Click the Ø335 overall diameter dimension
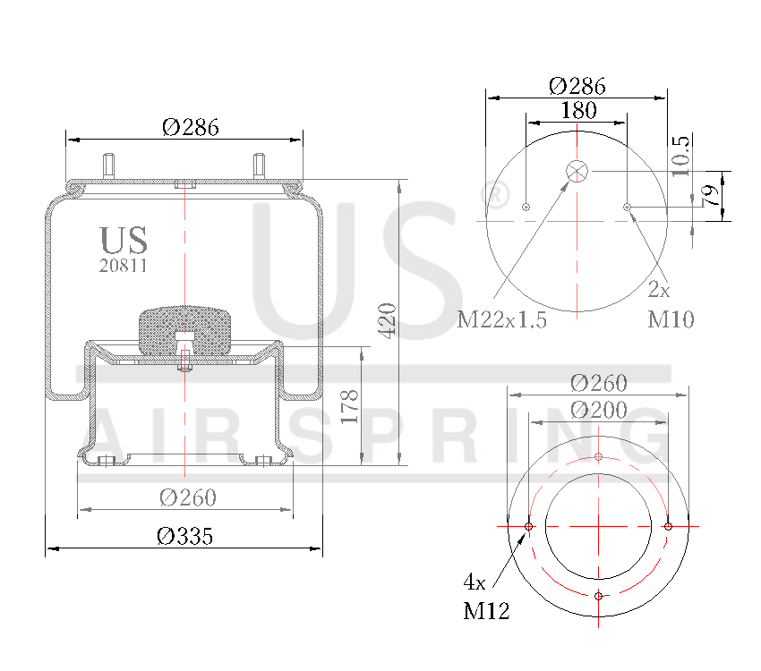[x=184, y=536]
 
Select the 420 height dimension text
[x=387, y=320]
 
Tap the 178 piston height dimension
[x=350, y=406]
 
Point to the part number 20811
[x=123, y=266]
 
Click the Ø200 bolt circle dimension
[x=598, y=410]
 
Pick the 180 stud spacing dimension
[x=578, y=111]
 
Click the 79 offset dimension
[x=712, y=197]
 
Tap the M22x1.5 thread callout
[x=501, y=319]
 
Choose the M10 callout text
[x=671, y=319]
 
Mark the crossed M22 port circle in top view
[x=577, y=171]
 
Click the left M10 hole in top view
[x=526, y=208]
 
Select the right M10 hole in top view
[x=628, y=208]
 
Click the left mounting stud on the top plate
[x=109, y=166]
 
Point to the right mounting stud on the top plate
[x=260, y=166]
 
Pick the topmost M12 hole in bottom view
[x=599, y=457]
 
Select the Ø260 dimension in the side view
[x=187, y=497]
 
